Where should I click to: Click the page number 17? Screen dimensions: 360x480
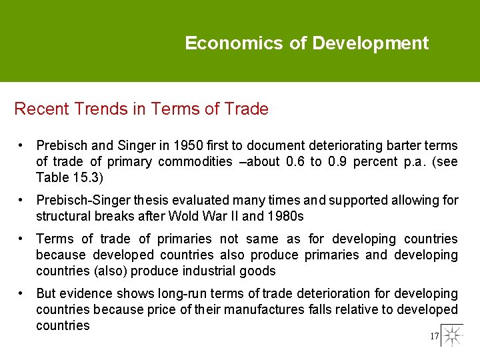pos(435,337)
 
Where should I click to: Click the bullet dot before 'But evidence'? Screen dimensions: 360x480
pos(22,293)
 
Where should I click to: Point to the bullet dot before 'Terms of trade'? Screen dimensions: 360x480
pos(22,239)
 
